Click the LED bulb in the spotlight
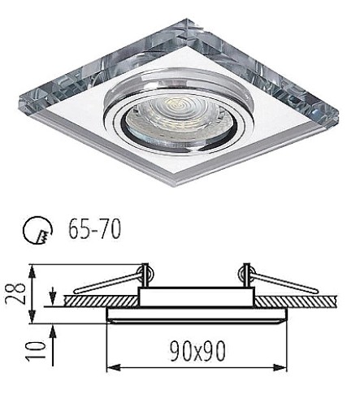178,118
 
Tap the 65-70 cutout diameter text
94,229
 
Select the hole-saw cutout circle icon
37,230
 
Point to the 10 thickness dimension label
35,350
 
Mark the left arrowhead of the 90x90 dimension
114,368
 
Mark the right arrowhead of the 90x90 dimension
280,368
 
